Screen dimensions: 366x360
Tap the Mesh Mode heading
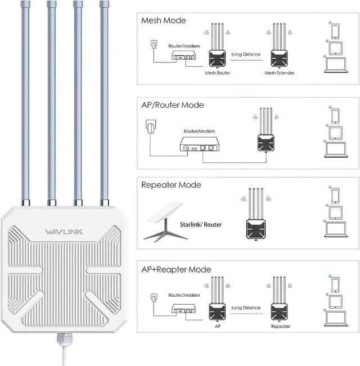tap(163, 21)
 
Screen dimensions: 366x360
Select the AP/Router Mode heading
tap(173, 105)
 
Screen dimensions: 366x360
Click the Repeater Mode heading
tap(171, 184)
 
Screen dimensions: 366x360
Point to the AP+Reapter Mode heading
tap(176, 269)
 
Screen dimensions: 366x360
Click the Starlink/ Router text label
tap(201, 224)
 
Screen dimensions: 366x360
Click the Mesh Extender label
tap(280, 73)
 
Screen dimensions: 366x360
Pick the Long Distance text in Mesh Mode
tap(246, 55)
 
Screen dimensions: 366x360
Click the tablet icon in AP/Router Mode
tap(336, 132)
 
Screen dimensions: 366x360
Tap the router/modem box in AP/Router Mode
tap(199, 145)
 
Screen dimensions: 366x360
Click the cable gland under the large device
tap(64, 338)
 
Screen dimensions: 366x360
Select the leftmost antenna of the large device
tap(25, 101)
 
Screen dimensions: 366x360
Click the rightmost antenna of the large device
tap(104, 101)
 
